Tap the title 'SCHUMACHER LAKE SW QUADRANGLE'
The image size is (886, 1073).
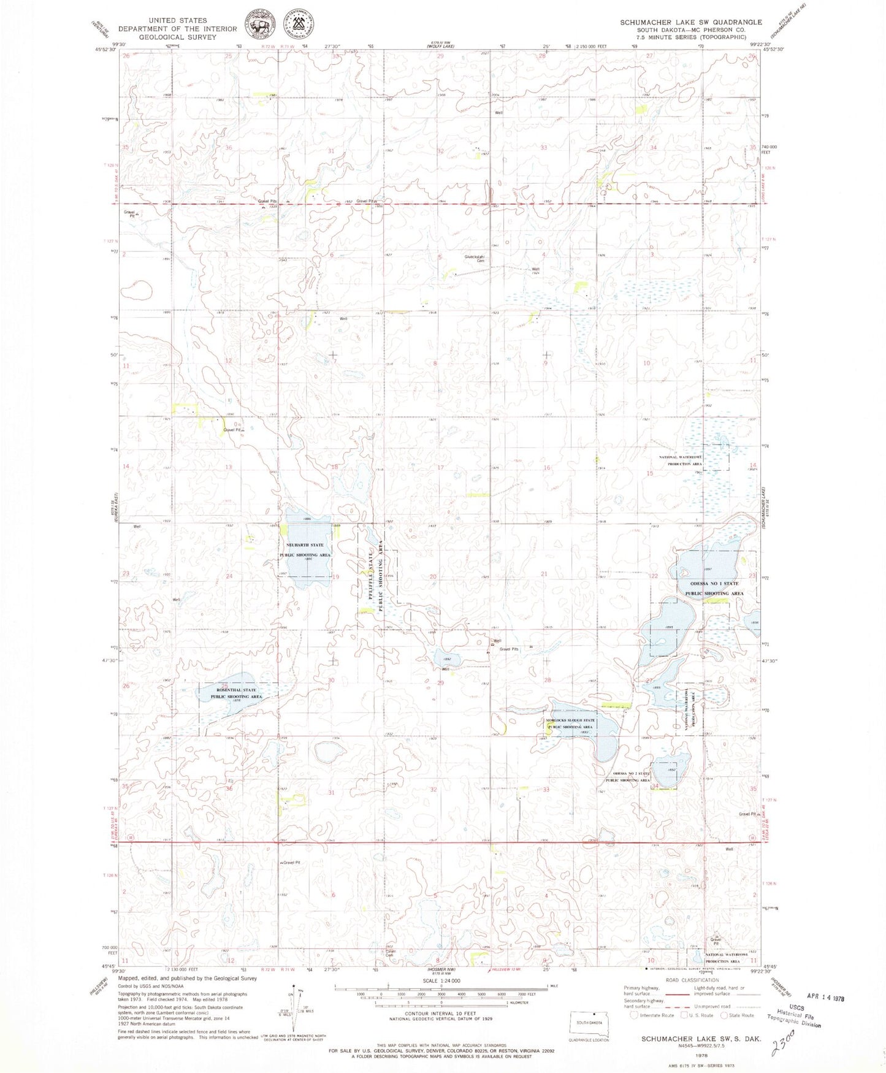tap(690, 22)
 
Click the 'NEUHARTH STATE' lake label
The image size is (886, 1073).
tap(304, 545)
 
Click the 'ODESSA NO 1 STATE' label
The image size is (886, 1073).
tap(714, 584)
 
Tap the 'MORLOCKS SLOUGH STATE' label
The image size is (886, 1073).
tap(571, 720)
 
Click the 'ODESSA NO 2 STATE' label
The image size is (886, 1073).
tap(627, 774)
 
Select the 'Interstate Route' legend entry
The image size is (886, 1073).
tap(652, 1015)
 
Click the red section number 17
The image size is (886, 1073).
tap(440, 467)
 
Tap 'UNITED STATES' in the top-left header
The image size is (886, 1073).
tap(177, 20)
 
